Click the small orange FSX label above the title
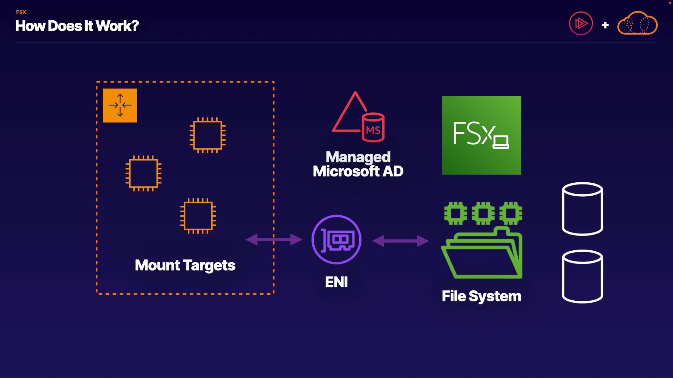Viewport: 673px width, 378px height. (x=21, y=12)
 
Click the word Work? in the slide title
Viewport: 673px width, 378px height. (x=117, y=26)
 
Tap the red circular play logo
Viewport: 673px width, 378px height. (x=581, y=23)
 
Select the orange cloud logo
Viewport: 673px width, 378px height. (x=637, y=23)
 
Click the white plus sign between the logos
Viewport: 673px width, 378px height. (x=605, y=25)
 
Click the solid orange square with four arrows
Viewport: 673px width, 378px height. (x=120, y=105)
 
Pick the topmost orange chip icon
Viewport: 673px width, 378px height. (x=208, y=135)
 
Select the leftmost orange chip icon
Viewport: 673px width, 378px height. (x=143, y=173)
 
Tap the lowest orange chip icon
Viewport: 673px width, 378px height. (x=198, y=216)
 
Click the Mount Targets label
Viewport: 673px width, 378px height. (x=185, y=265)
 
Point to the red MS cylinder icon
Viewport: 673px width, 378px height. (x=373, y=127)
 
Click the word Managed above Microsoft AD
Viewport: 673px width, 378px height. (x=358, y=157)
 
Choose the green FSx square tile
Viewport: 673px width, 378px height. (x=481, y=135)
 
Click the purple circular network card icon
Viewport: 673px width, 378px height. (x=336, y=239)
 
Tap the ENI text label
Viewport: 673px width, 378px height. (x=336, y=282)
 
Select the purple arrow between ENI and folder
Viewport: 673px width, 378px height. (x=400, y=241)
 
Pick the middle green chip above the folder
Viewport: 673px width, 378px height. (x=483, y=213)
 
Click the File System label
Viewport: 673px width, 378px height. (x=481, y=296)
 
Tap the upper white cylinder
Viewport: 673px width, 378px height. (x=582, y=209)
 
